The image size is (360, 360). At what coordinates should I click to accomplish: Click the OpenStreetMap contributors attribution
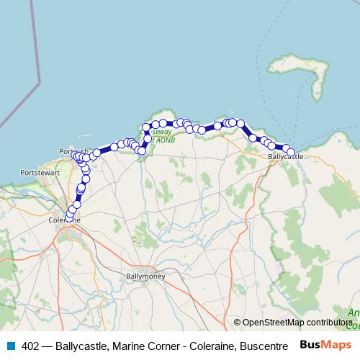pos(297,323)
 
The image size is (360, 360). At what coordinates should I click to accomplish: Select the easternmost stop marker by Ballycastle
pos(291,152)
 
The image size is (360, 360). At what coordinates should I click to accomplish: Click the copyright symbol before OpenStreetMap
pos(237,323)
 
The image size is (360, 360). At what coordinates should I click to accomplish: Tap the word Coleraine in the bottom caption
pos(213,346)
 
